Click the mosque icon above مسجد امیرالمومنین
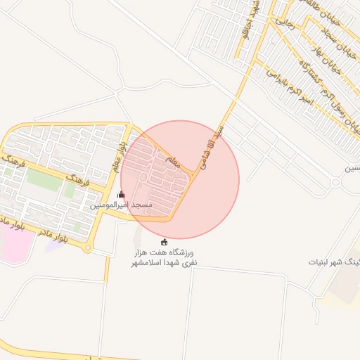click(121, 195)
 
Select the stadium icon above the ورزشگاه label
click(165, 242)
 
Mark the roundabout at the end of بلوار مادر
click(87, 247)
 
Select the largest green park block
click(44, 181)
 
